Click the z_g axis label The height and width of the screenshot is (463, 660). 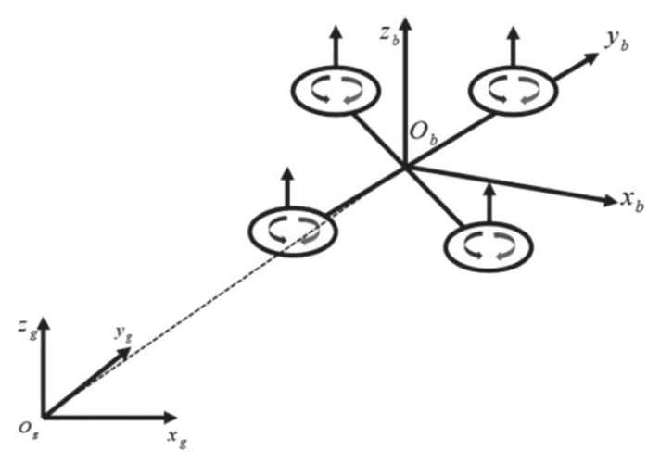click(25, 329)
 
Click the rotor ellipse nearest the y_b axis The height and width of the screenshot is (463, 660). click(513, 91)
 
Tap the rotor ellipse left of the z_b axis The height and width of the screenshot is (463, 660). click(335, 91)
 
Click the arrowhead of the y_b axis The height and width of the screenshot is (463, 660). click(590, 57)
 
